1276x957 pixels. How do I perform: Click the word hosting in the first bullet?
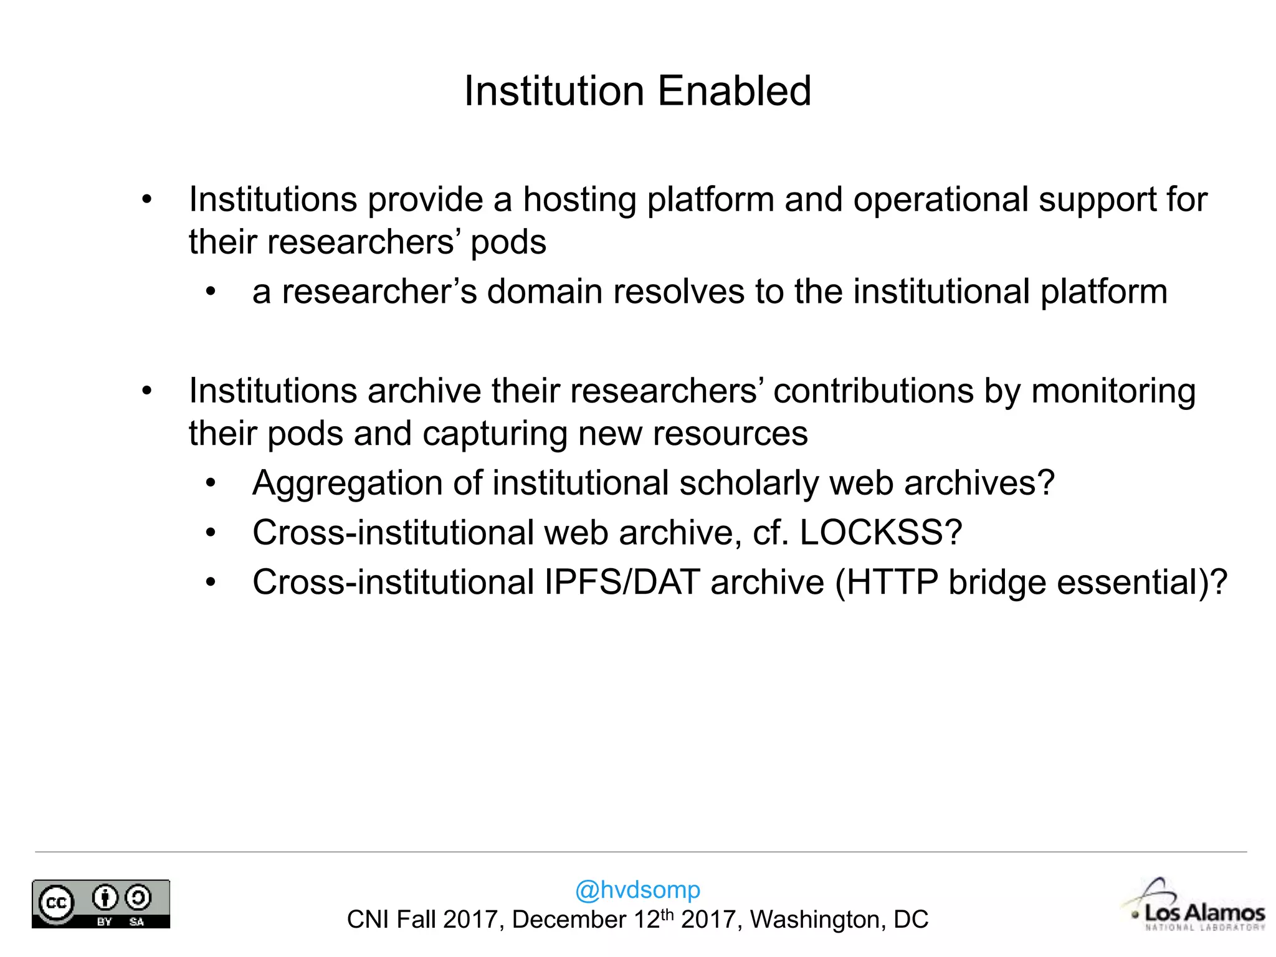point(579,200)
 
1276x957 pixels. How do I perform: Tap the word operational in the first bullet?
point(940,200)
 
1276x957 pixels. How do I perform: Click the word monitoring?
point(1113,392)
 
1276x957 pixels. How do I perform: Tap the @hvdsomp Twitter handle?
point(637,889)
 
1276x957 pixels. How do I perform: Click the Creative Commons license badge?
point(101,903)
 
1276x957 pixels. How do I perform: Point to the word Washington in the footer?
point(817,920)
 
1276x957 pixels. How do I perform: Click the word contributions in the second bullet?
point(874,392)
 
